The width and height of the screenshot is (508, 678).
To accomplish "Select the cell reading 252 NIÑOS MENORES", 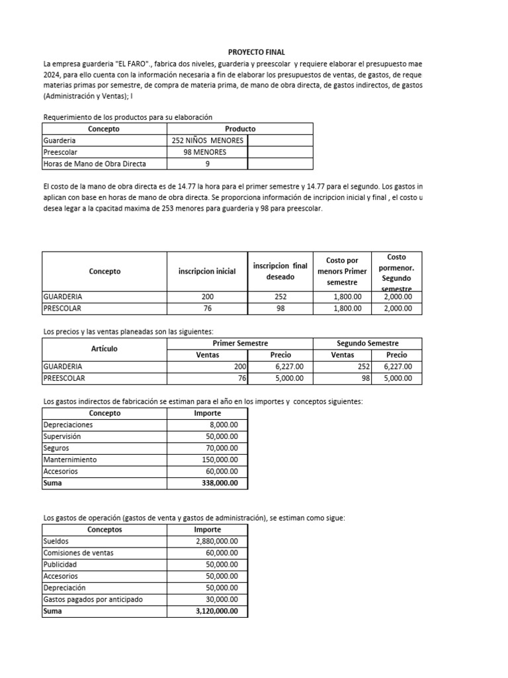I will click(x=207, y=140).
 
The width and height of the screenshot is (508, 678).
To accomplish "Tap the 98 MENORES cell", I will click(x=207, y=152).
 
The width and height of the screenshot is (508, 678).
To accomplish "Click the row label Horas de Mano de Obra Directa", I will click(x=94, y=164).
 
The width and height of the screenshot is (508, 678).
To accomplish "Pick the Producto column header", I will click(x=239, y=128).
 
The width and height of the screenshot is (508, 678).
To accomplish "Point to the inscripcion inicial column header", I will click(x=207, y=271).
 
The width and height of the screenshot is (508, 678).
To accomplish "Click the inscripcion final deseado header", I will click(x=280, y=271).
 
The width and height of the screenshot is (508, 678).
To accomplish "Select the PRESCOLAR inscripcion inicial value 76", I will click(x=207, y=309).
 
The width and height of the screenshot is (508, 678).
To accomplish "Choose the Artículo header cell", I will click(x=104, y=348).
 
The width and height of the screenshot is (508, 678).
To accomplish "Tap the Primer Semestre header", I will click(x=240, y=343).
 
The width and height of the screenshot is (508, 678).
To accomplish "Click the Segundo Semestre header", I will click(x=367, y=343).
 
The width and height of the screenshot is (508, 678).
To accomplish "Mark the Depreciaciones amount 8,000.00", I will click(x=223, y=424).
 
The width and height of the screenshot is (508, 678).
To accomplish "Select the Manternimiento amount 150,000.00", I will click(x=220, y=460).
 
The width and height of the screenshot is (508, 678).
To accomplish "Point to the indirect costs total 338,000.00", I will click(x=220, y=483).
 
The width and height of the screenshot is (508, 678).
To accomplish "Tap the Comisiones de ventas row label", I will click(x=78, y=553).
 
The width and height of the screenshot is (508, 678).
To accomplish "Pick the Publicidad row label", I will click(x=60, y=565).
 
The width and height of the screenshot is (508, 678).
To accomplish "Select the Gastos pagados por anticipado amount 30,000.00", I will click(x=222, y=600).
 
